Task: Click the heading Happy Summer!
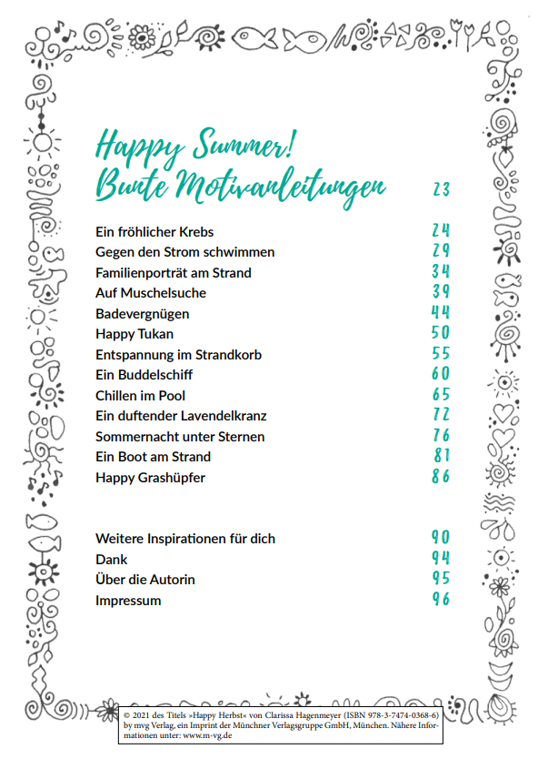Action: (197, 145)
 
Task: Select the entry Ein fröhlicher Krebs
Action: (154, 232)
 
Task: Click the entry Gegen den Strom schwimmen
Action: (184, 252)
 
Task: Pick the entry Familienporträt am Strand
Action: (173, 273)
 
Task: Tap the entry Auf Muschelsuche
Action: (150, 293)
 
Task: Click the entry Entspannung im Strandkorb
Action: (178, 355)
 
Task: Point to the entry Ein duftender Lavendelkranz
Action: (181, 416)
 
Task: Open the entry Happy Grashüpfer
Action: (150, 477)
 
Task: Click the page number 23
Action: (441, 189)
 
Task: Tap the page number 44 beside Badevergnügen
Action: (441, 313)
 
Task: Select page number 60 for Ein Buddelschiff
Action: (441, 374)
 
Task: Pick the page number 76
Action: (441, 436)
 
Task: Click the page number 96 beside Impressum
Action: (441, 600)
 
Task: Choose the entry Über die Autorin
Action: (144, 580)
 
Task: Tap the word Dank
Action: (112, 560)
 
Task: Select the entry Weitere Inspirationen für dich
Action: (185, 539)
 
